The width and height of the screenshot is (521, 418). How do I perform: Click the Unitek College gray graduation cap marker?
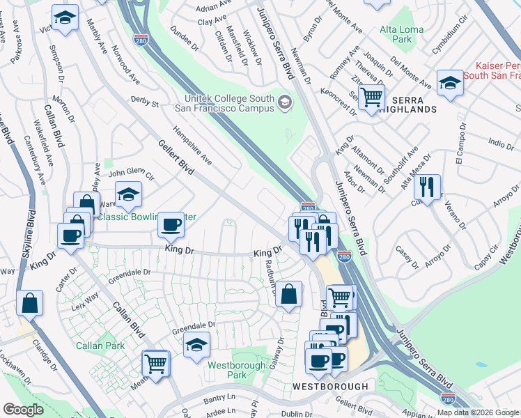pyautogui.click(x=284, y=103)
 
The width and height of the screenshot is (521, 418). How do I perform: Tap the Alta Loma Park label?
pyautogui.click(x=396, y=35)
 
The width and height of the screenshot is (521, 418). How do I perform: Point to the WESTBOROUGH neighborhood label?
pyautogui.click(x=329, y=386)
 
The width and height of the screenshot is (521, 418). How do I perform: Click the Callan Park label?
pyautogui.click(x=100, y=346)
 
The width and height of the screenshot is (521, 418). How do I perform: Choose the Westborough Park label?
pyautogui.click(x=237, y=370)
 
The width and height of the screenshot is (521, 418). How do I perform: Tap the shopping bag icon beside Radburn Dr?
pyautogui.click(x=289, y=294)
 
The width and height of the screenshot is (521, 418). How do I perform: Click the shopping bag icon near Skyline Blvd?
pyautogui.click(x=30, y=303)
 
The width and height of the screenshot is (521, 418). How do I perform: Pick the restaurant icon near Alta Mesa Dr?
pyautogui.click(x=426, y=187)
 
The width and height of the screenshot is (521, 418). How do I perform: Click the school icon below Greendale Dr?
pyautogui.click(x=197, y=344)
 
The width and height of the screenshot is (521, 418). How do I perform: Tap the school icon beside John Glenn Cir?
pyautogui.click(x=128, y=195)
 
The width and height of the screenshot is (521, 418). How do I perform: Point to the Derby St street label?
pyautogui.click(x=146, y=102)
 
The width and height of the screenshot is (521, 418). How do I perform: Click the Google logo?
pyautogui.click(x=23, y=410)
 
